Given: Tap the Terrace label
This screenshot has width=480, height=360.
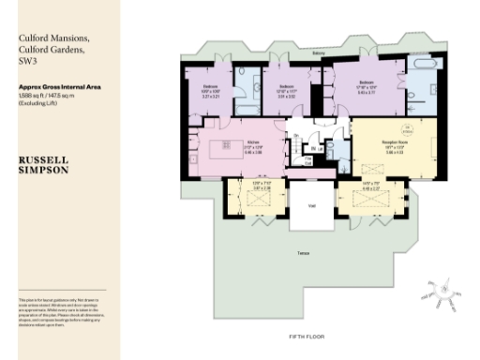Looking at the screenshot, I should tap(303, 254).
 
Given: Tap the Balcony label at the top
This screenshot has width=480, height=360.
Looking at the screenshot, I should tap(319, 53).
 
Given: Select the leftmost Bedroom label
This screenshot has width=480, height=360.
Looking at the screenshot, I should tap(211, 87).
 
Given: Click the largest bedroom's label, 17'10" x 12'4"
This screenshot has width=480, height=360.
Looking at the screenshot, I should tap(366, 87).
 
